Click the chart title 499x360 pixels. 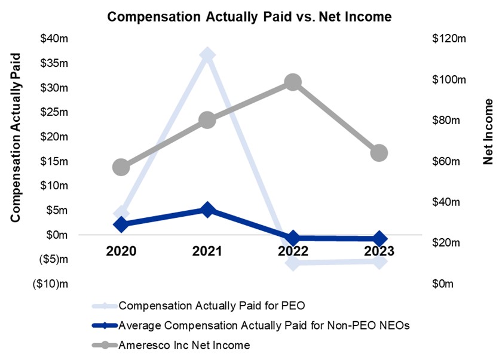[249, 17]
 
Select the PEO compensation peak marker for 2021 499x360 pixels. [207, 56]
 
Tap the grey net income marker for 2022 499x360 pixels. [292, 82]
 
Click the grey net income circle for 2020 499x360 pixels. [121, 167]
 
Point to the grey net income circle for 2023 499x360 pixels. [379, 153]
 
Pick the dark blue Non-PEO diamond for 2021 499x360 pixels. [207, 210]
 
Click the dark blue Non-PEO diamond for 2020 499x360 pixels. [121, 224]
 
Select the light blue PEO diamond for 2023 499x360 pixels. [379, 261]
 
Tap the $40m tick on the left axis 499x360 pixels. [54, 39]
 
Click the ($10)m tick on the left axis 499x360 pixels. [50, 284]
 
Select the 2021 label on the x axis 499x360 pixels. [207, 251]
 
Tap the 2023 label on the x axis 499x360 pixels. [379, 251]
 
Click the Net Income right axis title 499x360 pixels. [488, 132]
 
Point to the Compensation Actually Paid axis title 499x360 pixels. [16, 137]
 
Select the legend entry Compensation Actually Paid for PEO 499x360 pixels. [212, 306]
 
